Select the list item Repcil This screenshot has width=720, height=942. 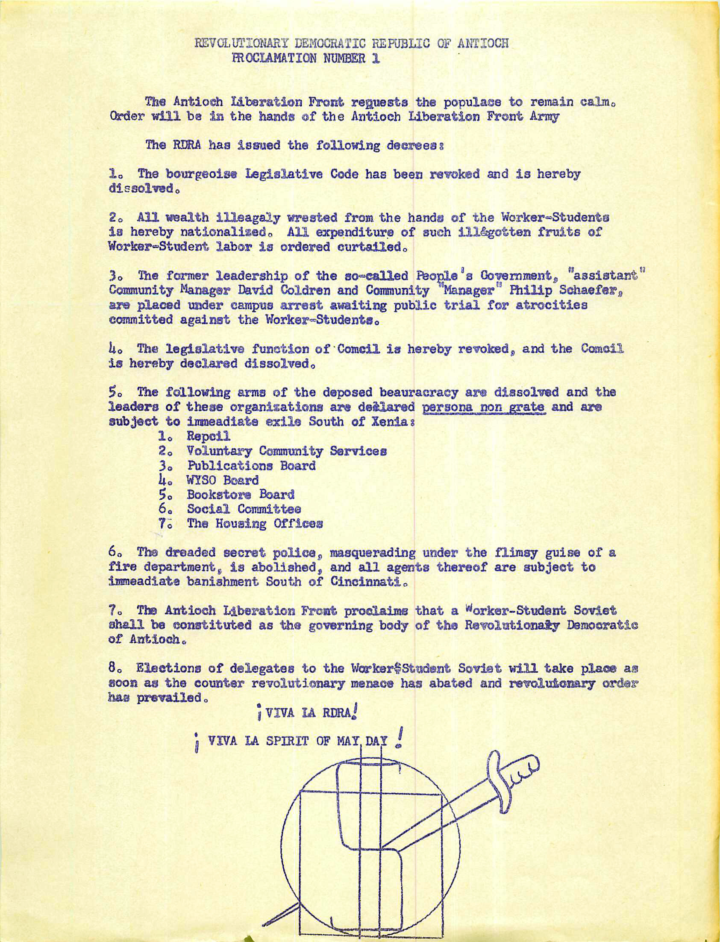pos(208,436)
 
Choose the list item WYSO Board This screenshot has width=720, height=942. pos(223,480)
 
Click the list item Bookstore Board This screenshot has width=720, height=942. pos(241,495)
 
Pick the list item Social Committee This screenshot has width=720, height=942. pos(244,509)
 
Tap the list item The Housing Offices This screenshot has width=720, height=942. pos(255,524)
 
